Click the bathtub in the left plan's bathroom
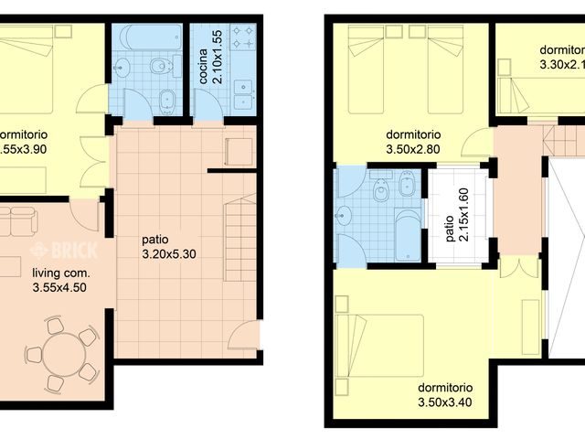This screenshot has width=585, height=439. (151, 38)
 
